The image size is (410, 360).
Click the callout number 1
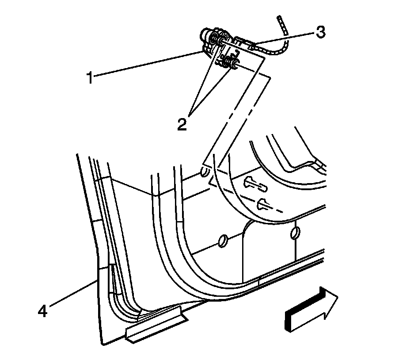[x=90, y=79]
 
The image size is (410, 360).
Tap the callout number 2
[x=182, y=123]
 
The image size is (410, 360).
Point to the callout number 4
[x=42, y=311]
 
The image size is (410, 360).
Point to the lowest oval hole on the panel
[x=224, y=241]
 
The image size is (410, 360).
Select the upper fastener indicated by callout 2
[x=218, y=41]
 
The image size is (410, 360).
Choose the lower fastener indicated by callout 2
[x=231, y=65]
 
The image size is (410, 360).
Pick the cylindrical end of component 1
[x=205, y=34]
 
